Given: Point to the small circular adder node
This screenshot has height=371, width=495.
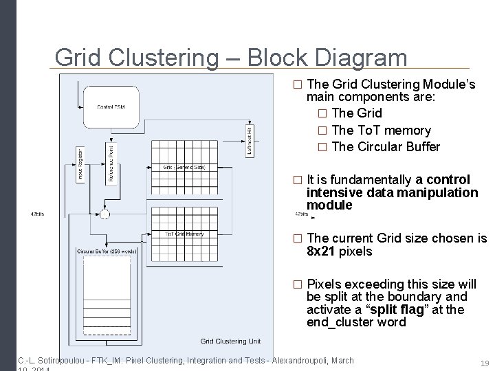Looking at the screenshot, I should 104,214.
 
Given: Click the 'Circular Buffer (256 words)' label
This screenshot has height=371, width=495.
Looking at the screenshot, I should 107,251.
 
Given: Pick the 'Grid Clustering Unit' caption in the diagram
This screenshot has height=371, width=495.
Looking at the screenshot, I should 231,341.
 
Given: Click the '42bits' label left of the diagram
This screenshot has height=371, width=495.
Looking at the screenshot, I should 38,214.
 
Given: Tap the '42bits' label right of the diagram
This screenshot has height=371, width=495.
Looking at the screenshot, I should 301,214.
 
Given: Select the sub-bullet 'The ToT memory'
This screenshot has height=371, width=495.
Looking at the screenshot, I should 380,130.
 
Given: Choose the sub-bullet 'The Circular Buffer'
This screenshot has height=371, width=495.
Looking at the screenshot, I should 385,147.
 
